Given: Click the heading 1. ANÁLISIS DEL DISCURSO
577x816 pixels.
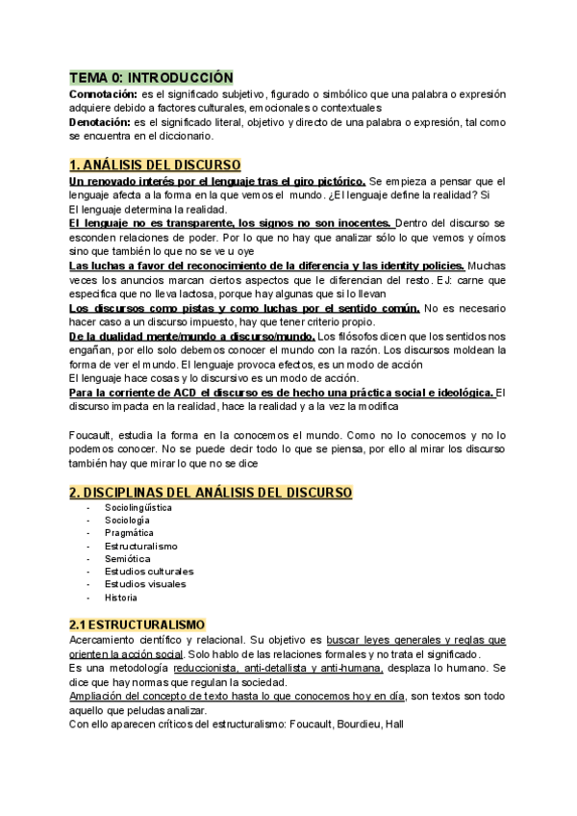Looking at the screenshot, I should click(155, 165).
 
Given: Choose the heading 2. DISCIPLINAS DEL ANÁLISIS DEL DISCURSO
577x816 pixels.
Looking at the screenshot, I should click(211, 493).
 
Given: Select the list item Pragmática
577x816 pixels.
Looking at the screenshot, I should click(130, 532).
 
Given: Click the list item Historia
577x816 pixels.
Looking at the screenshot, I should click(122, 597).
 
